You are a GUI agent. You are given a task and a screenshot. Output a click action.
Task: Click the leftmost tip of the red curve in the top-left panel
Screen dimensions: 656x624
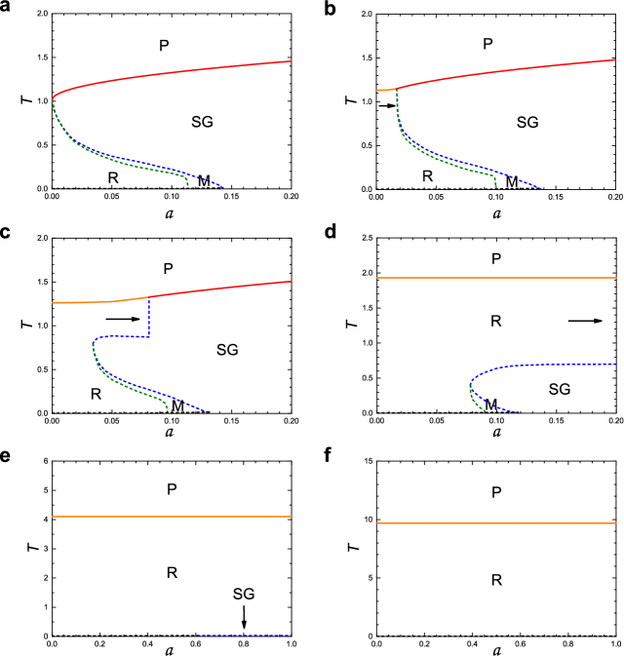tap(53, 97)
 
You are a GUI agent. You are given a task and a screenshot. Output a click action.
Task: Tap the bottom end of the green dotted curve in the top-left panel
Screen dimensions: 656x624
tap(188, 185)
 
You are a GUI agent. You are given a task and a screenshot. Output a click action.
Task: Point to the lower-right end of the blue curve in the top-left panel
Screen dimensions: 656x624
tap(221, 186)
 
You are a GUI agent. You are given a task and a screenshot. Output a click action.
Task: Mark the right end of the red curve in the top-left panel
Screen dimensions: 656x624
tap(292, 61)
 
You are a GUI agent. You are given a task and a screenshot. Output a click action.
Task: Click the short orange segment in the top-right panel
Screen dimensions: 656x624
tap(385, 90)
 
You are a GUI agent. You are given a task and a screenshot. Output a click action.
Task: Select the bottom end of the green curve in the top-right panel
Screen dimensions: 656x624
tap(495, 186)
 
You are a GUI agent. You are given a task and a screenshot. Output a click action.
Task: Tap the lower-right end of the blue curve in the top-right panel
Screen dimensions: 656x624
tap(540, 188)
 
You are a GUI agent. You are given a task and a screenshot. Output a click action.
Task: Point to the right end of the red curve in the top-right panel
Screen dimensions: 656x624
tap(616, 59)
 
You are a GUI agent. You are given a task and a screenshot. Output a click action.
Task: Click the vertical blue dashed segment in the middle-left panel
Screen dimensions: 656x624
tap(148, 318)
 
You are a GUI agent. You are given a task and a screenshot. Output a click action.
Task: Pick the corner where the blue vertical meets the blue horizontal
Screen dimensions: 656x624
tap(148, 336)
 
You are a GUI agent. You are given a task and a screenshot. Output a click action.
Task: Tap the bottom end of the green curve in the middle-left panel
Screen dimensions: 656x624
tap(168, 411)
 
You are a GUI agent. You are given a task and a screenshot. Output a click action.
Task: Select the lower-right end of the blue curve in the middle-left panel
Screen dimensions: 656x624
tap(207, 411)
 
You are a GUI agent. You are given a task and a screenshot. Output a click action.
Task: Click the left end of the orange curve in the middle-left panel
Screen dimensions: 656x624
tap(53, 303)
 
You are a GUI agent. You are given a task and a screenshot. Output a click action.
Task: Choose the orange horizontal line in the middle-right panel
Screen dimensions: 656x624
tap(496, 278)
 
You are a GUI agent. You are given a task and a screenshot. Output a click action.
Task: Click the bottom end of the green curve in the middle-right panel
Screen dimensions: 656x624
tap(486, 411)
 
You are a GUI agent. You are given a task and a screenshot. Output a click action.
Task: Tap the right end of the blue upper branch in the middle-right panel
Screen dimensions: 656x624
tap(616, 365)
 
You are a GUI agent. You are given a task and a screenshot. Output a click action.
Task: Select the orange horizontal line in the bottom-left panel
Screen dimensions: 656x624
tap(172, 517)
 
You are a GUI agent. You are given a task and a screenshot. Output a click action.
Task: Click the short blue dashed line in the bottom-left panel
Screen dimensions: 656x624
tap(245, 636)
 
